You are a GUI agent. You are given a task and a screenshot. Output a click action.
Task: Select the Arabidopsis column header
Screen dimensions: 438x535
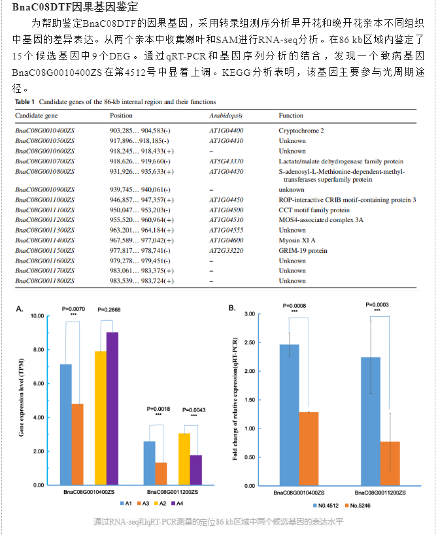(x=226, y=116)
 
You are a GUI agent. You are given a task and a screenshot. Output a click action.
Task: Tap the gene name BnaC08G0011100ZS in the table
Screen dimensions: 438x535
(x=44, y=210)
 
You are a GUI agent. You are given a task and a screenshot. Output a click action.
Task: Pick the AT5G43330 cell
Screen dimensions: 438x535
(x=226, y=161)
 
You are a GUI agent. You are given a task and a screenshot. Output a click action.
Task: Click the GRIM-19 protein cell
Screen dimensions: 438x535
(x=303, y=251)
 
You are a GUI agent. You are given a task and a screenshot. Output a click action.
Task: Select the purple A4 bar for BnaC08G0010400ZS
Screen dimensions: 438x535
(x=112, y=408)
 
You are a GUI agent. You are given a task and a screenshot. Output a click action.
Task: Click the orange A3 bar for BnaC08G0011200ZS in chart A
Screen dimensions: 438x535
(x=161, y=474)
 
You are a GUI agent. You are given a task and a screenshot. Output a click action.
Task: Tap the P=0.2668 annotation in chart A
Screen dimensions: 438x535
(x=109, y=310)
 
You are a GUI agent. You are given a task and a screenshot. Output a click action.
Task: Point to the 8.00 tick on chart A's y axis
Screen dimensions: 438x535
(x=38, y=349)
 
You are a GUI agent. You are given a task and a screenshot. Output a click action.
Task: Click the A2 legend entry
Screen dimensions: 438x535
(x=160, y=503)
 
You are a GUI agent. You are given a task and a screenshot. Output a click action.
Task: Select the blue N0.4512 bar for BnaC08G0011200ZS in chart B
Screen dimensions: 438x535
(x=371, y=421)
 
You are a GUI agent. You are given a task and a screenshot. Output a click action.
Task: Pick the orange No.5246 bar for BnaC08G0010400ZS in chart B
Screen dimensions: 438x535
(x=309, y=449)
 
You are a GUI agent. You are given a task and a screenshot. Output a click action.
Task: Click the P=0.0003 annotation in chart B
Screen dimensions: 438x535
(x=377, y=304)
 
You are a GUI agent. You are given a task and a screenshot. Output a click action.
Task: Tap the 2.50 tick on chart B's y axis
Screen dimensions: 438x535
(x=250, y=342)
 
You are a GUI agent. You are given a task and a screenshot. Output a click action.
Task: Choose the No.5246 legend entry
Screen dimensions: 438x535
(x=358, y=506)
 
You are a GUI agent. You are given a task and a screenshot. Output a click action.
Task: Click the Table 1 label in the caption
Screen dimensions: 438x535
(x=25, y=102)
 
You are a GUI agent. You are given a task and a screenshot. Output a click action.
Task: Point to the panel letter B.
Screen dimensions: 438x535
(x=232, y=308)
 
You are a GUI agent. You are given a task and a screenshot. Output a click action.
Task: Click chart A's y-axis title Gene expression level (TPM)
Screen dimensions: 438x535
(x=22, y=397)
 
